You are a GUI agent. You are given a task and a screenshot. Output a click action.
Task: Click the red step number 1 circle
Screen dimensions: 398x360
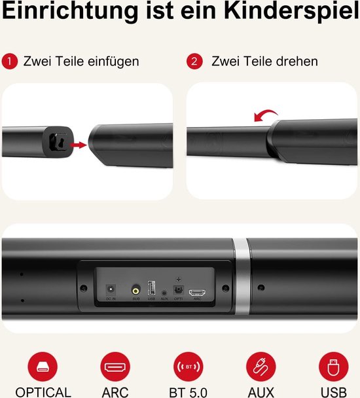[9, 62]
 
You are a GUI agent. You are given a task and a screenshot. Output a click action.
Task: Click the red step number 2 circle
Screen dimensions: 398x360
[194, 62]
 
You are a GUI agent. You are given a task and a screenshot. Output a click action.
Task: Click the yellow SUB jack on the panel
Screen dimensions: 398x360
[135, 289]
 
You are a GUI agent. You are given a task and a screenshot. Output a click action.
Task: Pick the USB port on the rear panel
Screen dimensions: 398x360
[152, 289]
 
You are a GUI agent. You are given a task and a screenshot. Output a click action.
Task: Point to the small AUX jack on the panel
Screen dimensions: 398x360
[164, 290]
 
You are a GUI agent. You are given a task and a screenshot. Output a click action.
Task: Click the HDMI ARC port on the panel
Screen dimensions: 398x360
[197, 293]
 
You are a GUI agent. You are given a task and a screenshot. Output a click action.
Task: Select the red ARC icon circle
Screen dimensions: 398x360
[115, 367]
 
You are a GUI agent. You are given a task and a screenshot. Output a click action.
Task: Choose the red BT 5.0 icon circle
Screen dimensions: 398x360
[188, 367]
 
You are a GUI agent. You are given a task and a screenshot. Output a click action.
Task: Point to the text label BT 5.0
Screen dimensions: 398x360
[189, 392]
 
